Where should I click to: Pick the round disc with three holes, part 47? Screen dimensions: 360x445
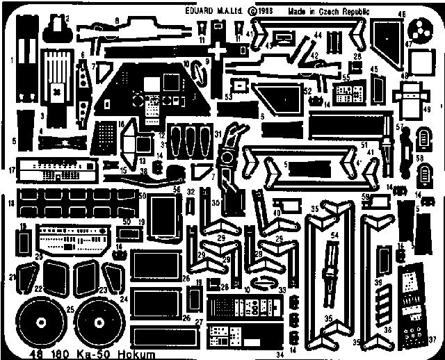tap(419, 31)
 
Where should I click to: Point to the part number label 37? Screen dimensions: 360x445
tap(432, 340)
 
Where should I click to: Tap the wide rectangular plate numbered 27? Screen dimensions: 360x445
tap(159, 334)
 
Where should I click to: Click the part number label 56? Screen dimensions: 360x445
tap(176, 189)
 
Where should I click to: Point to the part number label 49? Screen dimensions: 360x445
tap(427, 110)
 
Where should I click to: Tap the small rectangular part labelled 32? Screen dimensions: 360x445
tap(190, 207)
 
